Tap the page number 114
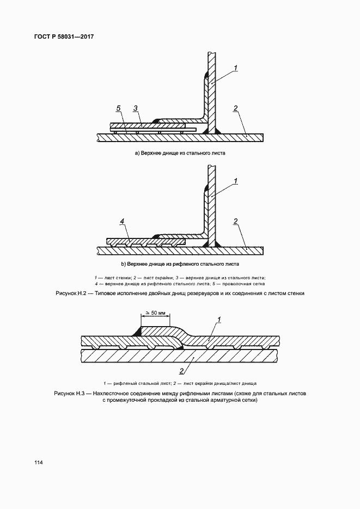point(38,463)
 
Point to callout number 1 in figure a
point(236,68)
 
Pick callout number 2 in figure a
point(235,108)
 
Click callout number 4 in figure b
point(123,221)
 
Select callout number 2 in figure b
point(235,221)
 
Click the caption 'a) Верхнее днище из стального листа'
point(180,154)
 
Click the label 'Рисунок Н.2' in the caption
point(71,293)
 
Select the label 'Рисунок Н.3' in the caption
point(71,393)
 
